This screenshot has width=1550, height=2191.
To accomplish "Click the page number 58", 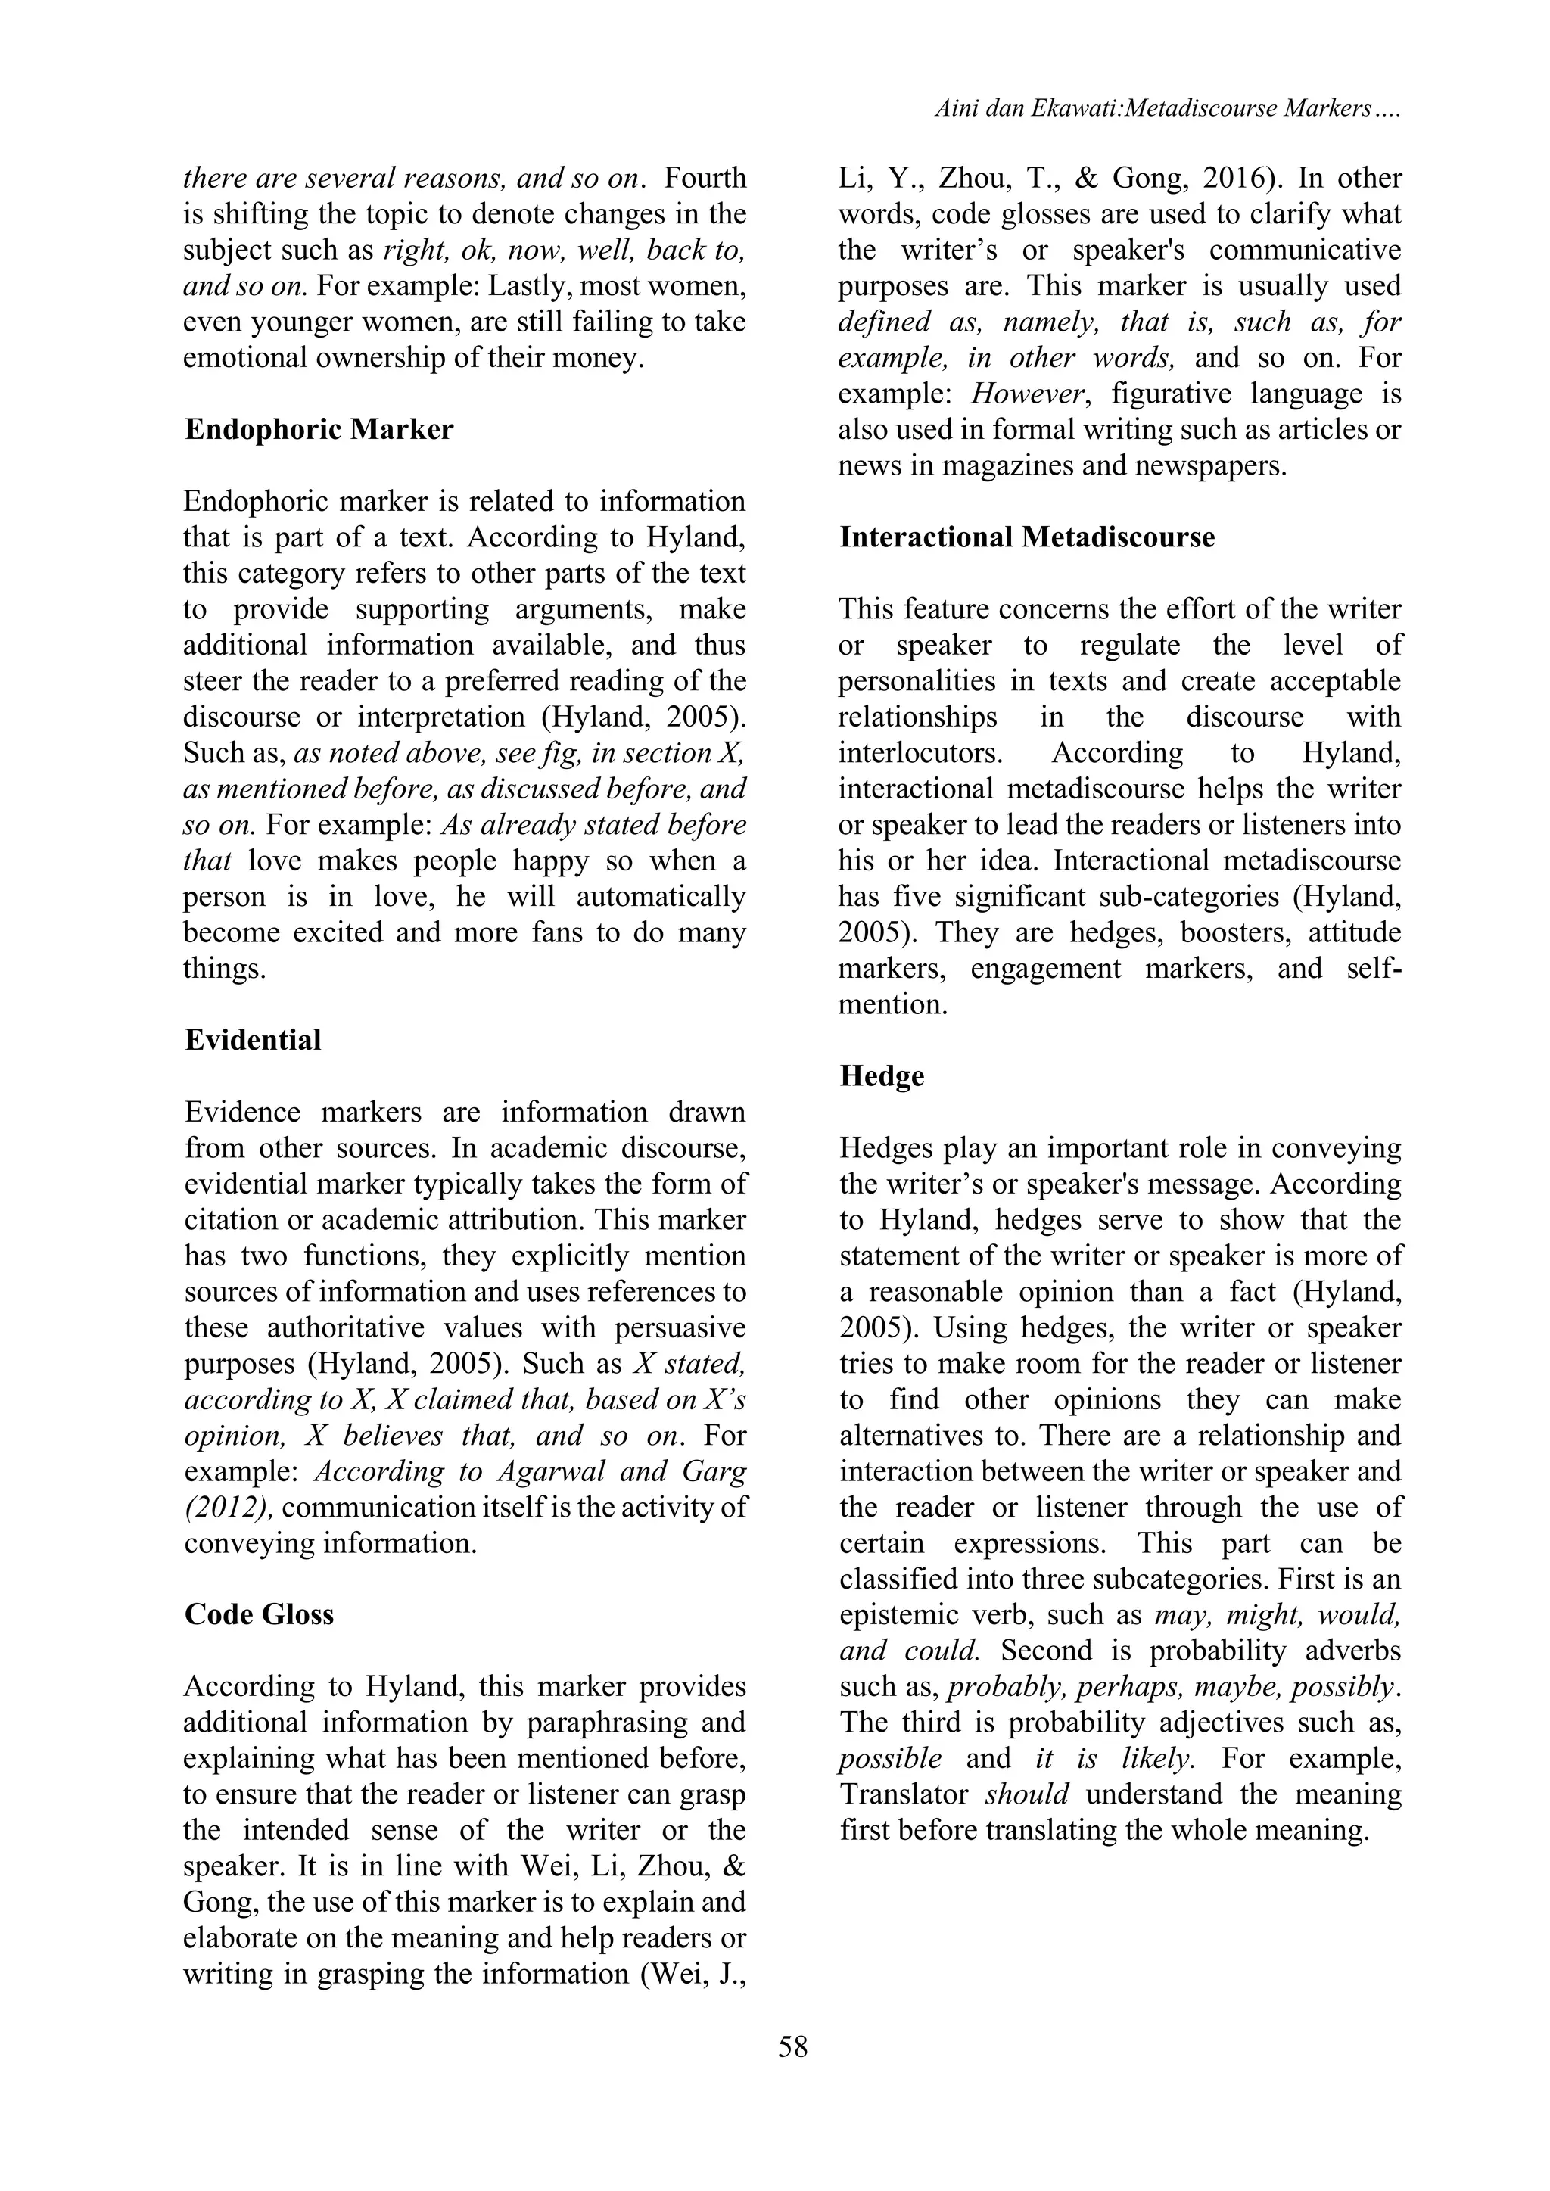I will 793,2047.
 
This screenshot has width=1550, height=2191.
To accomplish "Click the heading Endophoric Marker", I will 319,429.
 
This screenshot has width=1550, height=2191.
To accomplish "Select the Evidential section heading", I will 253,1039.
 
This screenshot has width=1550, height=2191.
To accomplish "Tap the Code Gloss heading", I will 259,1614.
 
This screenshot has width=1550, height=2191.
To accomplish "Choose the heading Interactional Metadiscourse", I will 1027,537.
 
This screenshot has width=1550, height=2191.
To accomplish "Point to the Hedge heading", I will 882,1075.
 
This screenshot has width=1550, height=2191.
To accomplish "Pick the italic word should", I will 1027,1794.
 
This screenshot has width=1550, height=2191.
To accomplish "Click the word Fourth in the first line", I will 705,179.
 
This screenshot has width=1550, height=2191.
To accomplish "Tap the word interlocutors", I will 920,753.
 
